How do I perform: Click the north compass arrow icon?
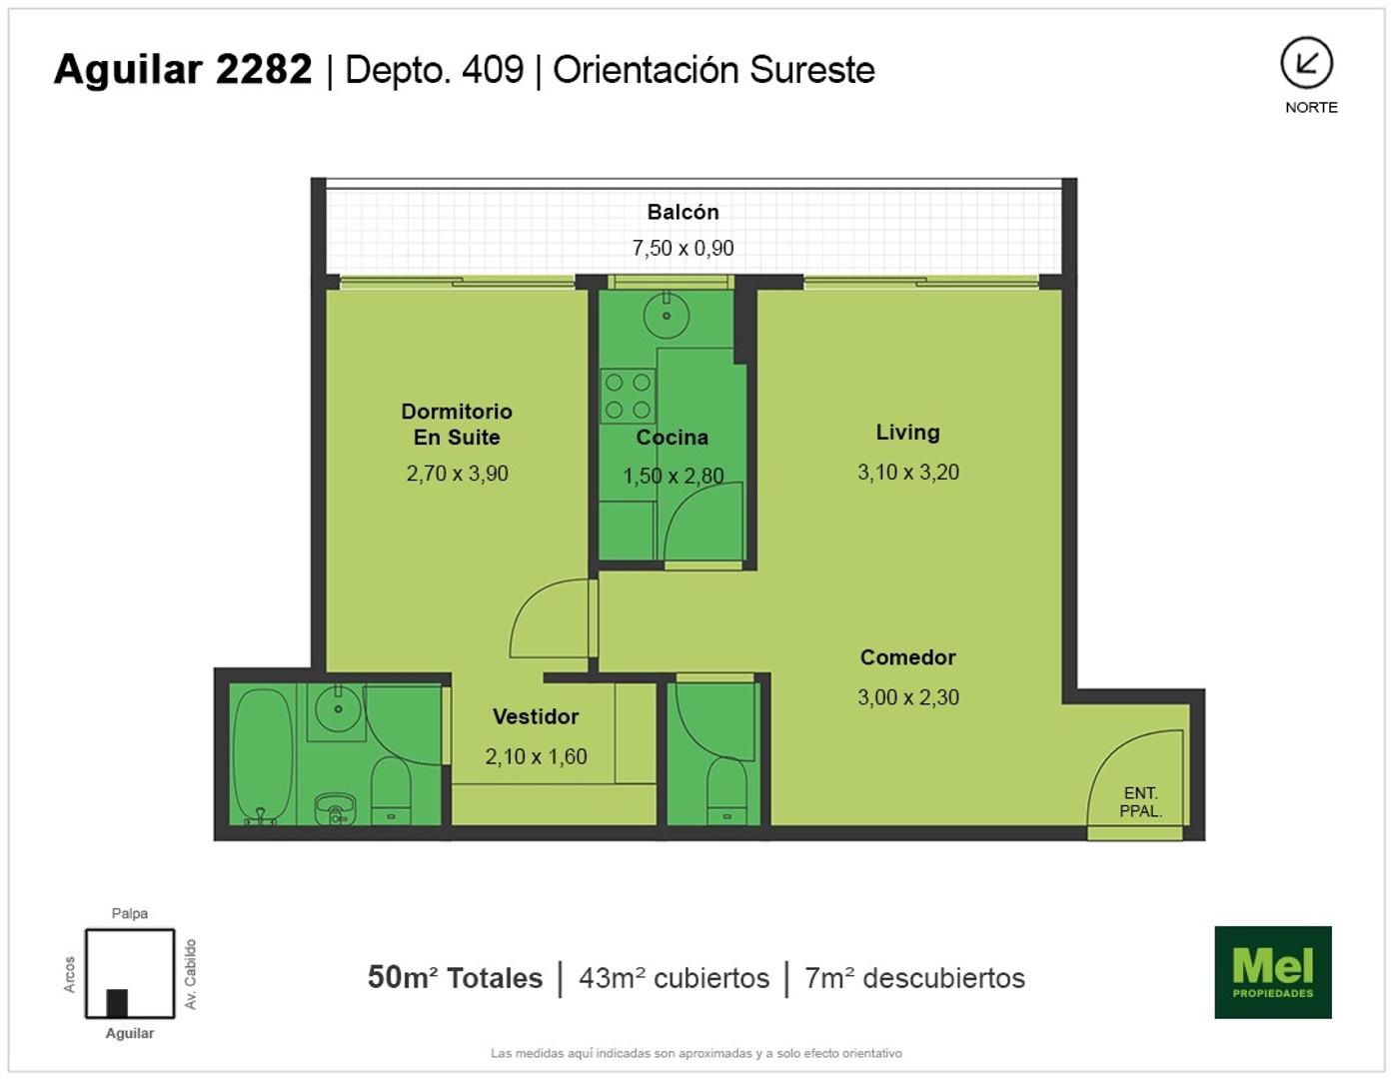point(1306,63)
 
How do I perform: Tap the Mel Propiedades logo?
point(1273,972)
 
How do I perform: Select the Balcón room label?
point(683,212)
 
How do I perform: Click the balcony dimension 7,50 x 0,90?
point(683,248)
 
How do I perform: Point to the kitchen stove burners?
point(628,396)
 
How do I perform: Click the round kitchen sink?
point(667,315)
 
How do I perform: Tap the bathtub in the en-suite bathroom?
point(263,755)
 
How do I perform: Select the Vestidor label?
point(536,716)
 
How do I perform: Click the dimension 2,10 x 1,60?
point(536,757)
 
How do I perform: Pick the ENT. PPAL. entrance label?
point(1141,801)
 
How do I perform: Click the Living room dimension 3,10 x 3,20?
point(908,472)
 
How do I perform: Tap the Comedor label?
point(907,657)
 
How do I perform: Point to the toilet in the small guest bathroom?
point(726,791)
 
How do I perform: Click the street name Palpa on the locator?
point(129,913)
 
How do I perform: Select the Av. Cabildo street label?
point(190,974)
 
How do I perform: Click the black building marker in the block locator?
point(117,1003)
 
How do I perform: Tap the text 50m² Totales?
point(455,978)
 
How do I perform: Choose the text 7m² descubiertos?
point(914,978)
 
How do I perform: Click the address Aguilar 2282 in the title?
point(183,69)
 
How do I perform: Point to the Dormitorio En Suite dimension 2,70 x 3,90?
point(457,474)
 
